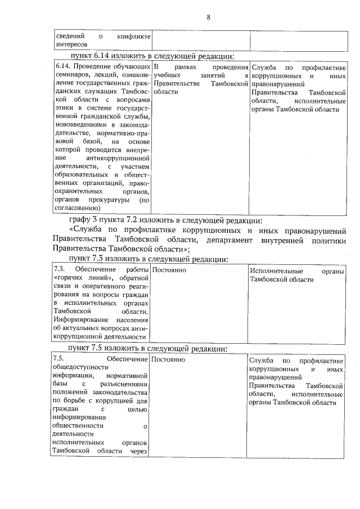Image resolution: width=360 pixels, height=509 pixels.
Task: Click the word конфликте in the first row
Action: [x=134, y=37]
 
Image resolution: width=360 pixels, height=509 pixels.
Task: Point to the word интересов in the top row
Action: [x=70, y=44]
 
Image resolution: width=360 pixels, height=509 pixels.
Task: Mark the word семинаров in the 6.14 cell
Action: [x=71, y=75]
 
